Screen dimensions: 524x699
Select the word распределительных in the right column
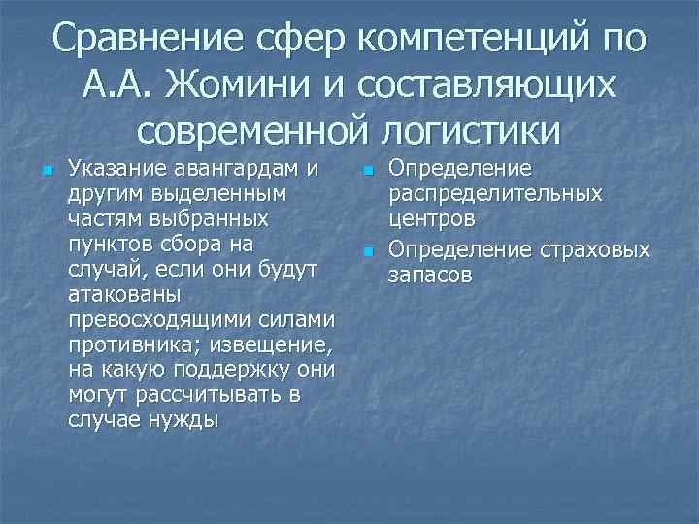[x=495, y=193]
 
